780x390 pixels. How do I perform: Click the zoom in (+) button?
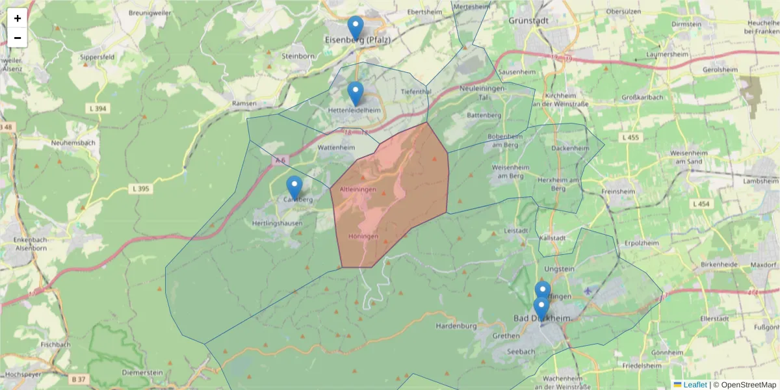click(18, 18)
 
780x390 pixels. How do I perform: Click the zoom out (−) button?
click(18, 38)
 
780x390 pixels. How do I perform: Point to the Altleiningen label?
click(358, 188)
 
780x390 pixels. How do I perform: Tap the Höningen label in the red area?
click(363, 236)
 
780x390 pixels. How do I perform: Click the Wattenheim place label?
click(336, 148)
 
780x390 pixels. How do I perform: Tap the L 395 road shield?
click(140, 188)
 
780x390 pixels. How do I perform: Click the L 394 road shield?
click(96, 108)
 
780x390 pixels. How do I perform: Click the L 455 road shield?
click(630, 137)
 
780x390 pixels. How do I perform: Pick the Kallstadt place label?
click(554, 239)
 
